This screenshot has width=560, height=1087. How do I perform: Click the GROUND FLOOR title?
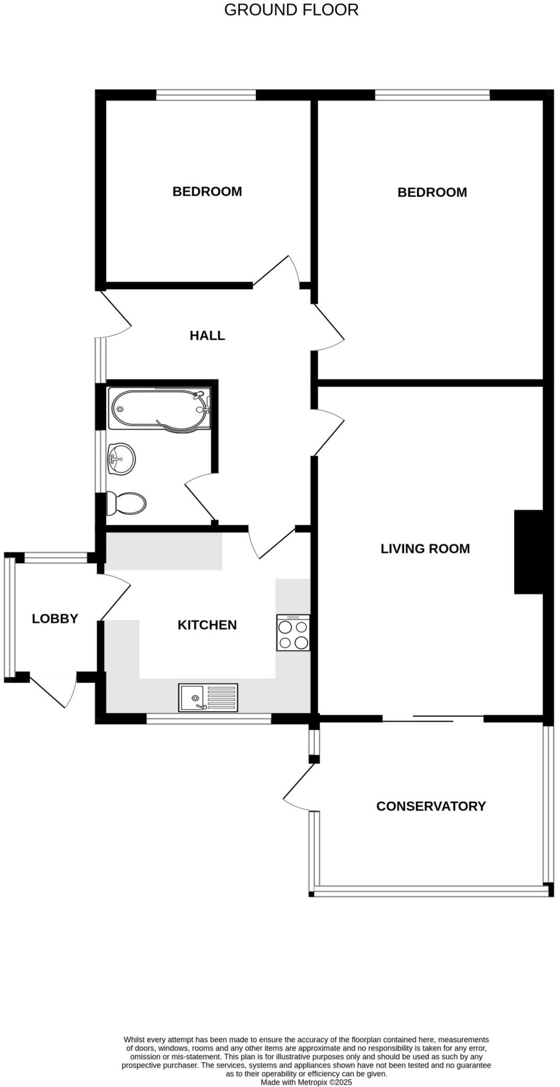[291, 10]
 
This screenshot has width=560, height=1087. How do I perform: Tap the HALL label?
[207, 335]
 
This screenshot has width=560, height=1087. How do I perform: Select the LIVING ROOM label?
[425, 548]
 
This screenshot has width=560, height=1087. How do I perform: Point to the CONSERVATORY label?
[430, 806]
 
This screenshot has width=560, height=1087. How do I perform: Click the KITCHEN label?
[207, 625]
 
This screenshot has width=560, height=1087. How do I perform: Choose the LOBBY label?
[55, 618]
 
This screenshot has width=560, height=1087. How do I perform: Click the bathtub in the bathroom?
[159, 409]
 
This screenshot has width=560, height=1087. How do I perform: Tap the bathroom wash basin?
[121, 459]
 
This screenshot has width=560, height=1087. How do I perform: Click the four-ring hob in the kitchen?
[293, 633]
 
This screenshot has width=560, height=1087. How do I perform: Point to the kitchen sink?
[209, 697]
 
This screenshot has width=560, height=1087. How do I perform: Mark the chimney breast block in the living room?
[528, 551]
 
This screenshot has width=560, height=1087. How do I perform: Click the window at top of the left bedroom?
[206, 95]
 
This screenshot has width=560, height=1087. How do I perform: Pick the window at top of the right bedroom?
[432, 95]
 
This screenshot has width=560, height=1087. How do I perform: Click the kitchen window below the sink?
[209, 719]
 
